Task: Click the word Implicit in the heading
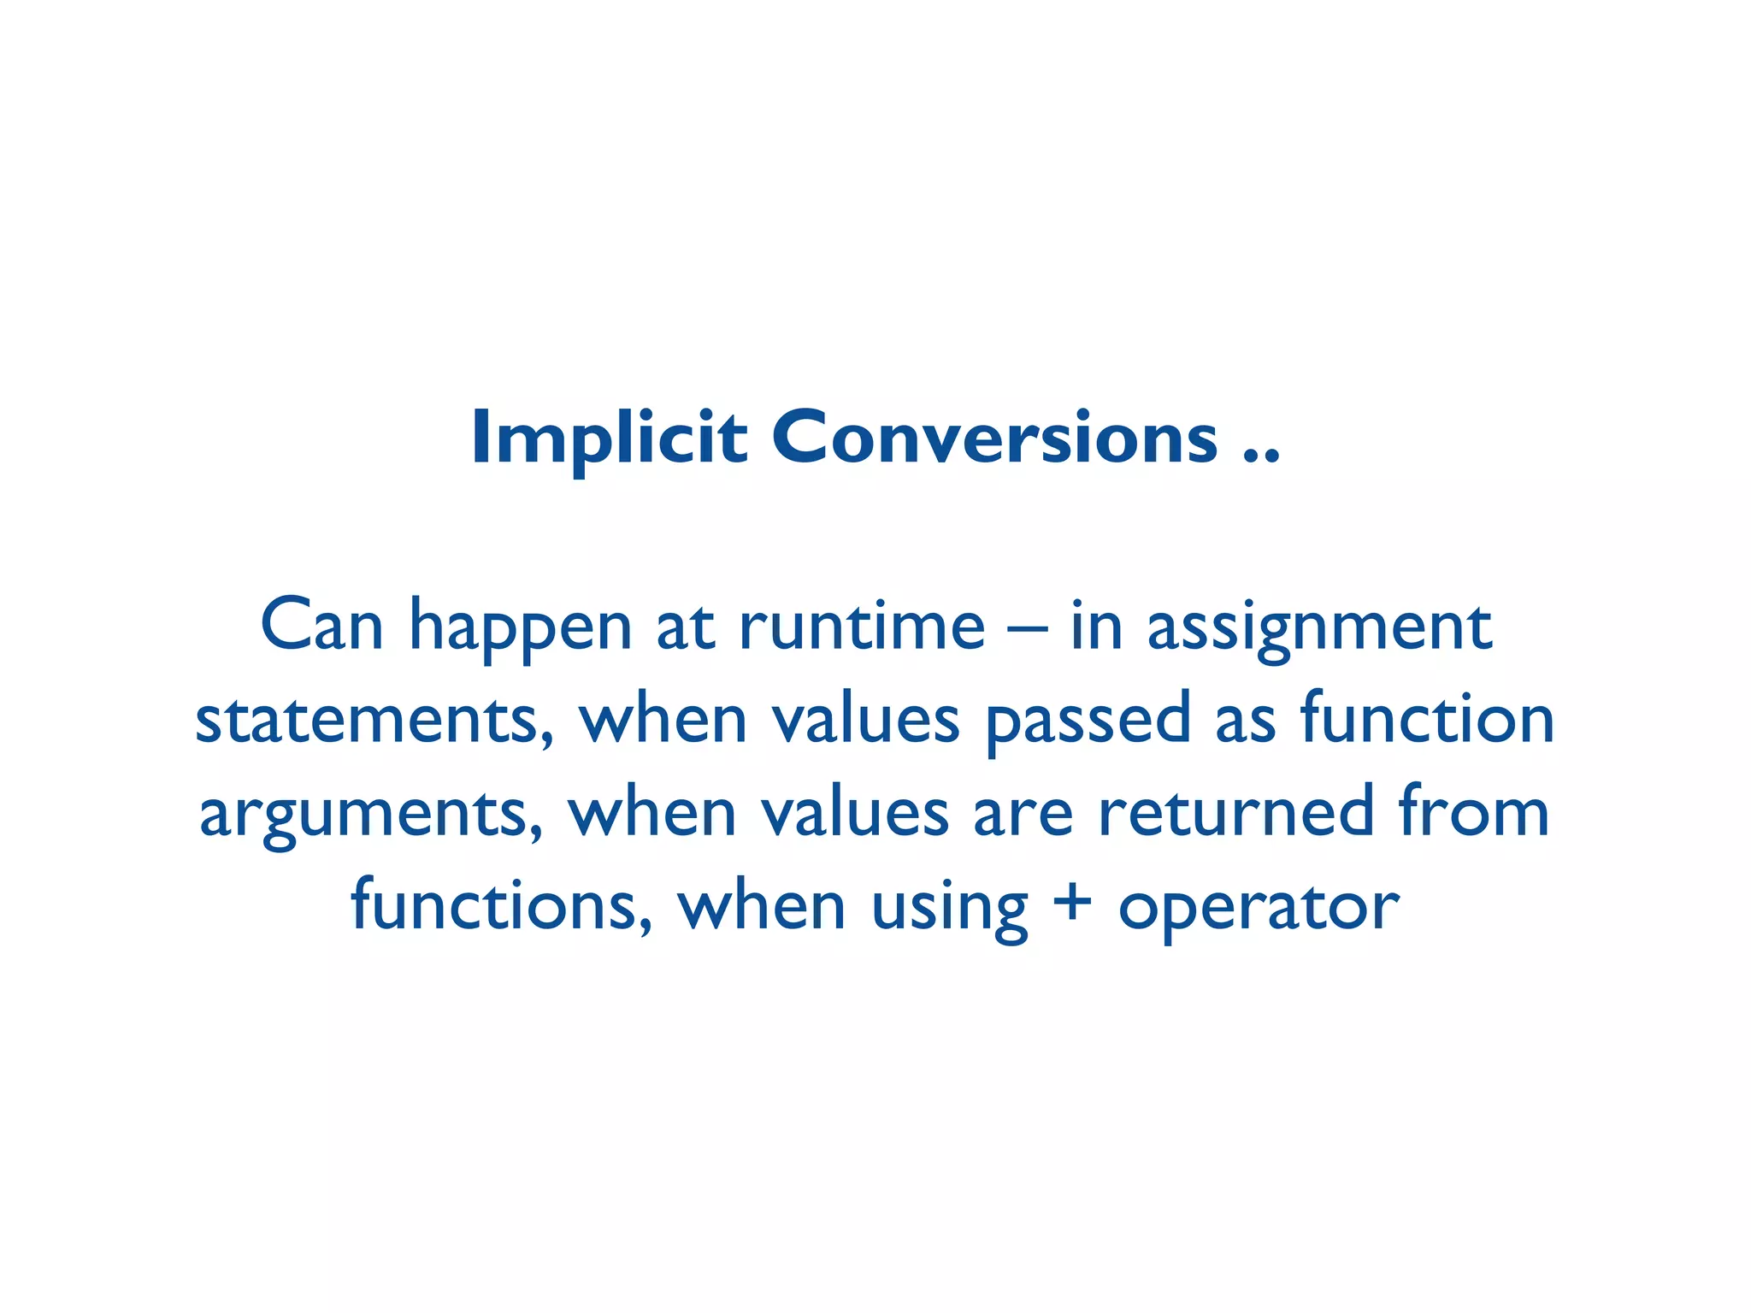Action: pyautogui.click(x=609, y=439)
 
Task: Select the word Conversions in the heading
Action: pyautogui.click(x=994, y=439)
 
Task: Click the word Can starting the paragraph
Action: pyautogui.click(x=321, y=626)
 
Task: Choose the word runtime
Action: pyautogui.click(x=862, y=626)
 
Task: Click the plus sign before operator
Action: pyautogui.click(x=1072, y=906)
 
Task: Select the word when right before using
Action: pyautogui.click(x=762, y=906)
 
